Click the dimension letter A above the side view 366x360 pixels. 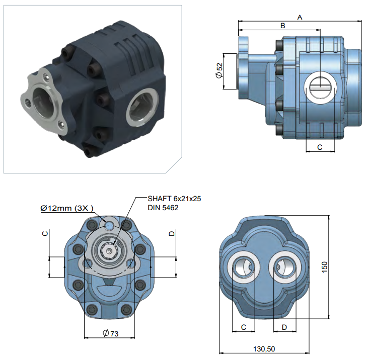300,17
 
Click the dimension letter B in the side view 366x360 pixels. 282,26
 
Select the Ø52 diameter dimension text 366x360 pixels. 219,71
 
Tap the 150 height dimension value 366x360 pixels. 324,267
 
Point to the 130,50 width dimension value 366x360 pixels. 264,349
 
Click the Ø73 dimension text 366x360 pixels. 111,333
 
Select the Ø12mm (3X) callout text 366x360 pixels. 67,208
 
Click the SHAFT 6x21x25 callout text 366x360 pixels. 174,199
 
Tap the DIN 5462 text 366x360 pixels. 163,208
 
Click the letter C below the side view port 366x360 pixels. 320,147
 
